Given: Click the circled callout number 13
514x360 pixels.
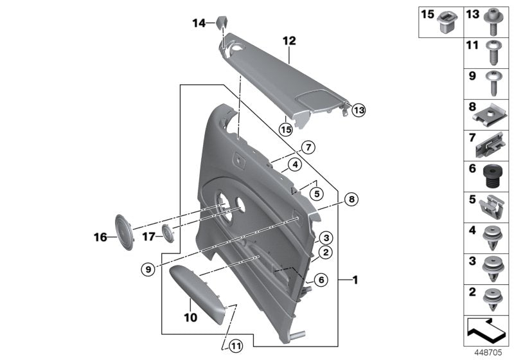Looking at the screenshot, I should coord(358,110).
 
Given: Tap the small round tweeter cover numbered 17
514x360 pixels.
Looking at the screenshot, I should coord(169,232).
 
